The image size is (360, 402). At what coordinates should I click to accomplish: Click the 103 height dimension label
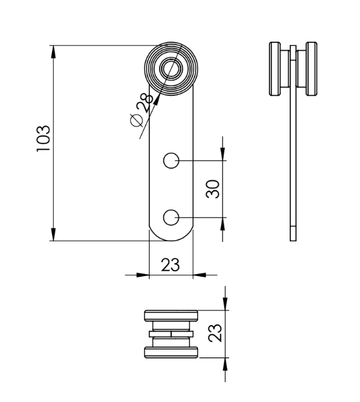[x=43, y=139]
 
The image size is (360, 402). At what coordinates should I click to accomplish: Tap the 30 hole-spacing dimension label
[x=213, y=189]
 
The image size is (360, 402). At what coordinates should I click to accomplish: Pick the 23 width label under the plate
[x=171, y=265]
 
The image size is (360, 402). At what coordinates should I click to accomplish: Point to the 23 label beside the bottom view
[x=215, y=333]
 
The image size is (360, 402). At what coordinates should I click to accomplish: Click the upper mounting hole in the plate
[x=171, y=161]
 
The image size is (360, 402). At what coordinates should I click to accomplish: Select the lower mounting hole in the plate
[x=171, y=217]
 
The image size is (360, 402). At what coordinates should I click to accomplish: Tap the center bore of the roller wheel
[x=171, y=68]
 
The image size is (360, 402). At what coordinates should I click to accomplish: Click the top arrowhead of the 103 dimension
[x=53, y=51]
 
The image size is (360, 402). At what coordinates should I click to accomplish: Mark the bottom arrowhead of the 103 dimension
[x=53, y=235]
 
